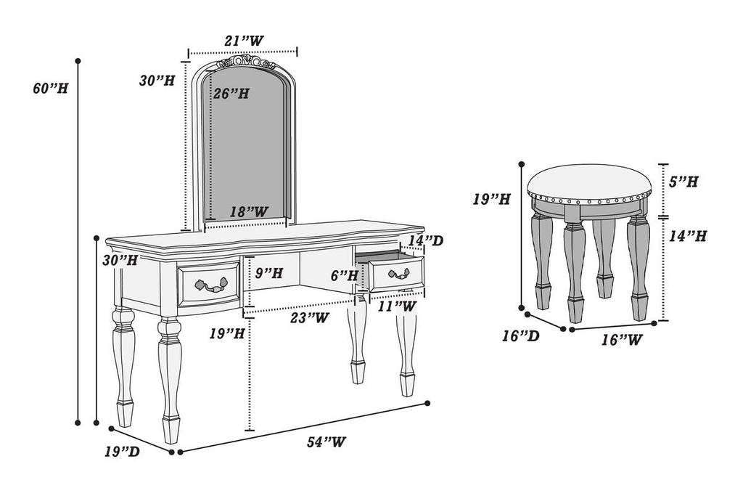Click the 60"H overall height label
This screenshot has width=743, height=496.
[50, 89]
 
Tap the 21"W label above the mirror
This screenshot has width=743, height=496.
[243, 42]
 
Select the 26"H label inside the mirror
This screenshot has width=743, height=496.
[231, 94]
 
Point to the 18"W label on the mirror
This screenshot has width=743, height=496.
[249, 211]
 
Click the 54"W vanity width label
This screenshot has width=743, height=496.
[325, 442]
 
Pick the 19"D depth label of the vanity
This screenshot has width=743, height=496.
[122, 452]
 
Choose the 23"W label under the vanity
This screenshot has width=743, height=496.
[310, 317]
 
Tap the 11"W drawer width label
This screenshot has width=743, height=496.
[397, 306]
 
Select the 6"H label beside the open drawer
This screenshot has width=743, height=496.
[345, 275]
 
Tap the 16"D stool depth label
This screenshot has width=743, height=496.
[520, 336]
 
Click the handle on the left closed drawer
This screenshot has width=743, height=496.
[209, 285]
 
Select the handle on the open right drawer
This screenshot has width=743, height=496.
[399, 274]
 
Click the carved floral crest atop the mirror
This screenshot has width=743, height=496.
[246, 63]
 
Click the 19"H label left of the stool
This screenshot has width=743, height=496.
[492, 198]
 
